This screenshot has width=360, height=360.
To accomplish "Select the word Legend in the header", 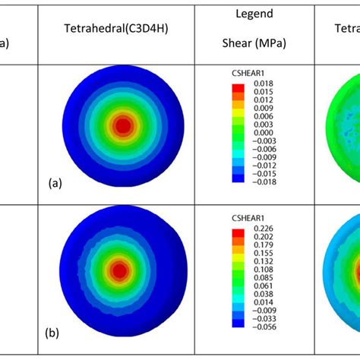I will (254, 14).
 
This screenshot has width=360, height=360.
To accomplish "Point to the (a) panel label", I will (55, 183).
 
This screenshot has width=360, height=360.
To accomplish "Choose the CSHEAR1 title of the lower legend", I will (248, 219).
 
